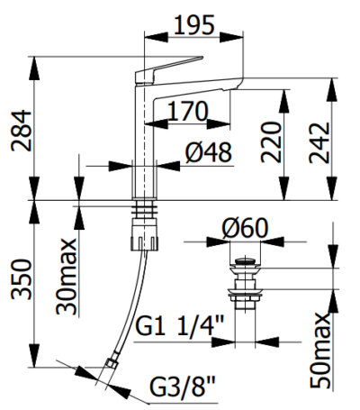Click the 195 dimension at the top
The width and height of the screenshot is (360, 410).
[x=194, y=25]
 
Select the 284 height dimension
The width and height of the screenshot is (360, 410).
[x=21, y=131]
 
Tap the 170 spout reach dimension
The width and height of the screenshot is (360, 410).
[x=187, y=111]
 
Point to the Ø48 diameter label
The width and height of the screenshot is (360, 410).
[x=209, y=152]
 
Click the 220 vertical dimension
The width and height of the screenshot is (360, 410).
[x=271, y=142]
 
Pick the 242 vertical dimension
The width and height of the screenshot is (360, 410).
[x=319, y=142]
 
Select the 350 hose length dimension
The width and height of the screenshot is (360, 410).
[x=21, y=280]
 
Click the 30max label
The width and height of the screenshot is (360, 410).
[x=67, y=277]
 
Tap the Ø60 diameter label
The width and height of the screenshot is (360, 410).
[x=245, y=228]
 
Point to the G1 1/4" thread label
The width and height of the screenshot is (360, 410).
[x=179, y=325]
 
